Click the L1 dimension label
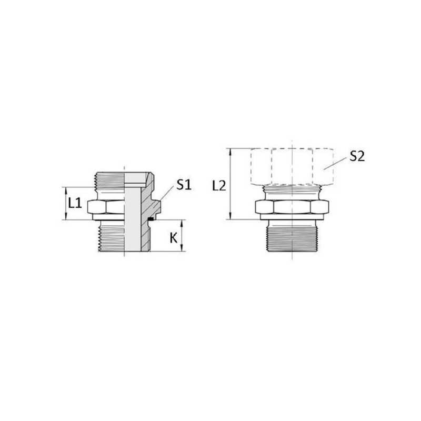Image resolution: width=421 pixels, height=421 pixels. point(75,203)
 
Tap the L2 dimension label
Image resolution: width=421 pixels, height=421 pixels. point(219,186)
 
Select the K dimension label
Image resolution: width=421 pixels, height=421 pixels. point(174,238)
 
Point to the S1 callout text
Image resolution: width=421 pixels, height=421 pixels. point(184,185)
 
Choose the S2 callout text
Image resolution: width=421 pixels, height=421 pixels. point(357,156)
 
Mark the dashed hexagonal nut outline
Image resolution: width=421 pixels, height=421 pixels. point(293,166)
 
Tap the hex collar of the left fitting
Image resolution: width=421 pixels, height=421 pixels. point(106,207)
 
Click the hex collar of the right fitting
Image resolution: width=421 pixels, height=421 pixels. point(292,207)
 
